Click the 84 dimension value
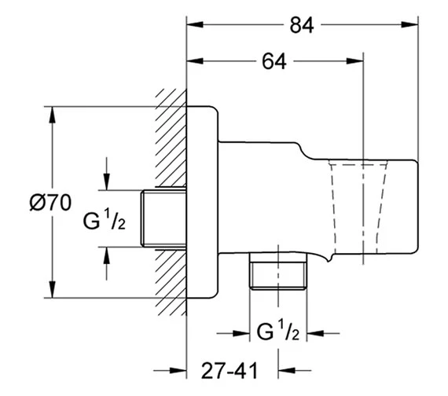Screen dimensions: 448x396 pyautogui.click(x=302, y=25)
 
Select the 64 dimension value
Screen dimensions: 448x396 pyautogui.click(x=274, y=61)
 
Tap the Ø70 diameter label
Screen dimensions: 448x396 pyautogui.click(x=50, y=203)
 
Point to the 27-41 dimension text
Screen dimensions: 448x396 pyautogui.click(x=230, y=371)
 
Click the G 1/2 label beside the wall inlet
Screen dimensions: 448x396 pyautogui.click(x=105, y=219)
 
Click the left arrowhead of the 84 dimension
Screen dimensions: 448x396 pyautogui.click(x=195, y=24)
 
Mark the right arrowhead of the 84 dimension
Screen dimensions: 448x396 pyautogui.click(x=409, y=24)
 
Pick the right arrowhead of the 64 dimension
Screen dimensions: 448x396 pyautogui.click(x=354, y=60)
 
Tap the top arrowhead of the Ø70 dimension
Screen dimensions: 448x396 pyautogui.click(x=52, y=115)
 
